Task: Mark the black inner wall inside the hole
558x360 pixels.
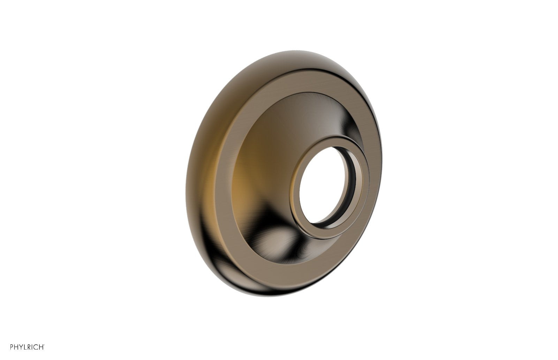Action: [350, 181]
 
